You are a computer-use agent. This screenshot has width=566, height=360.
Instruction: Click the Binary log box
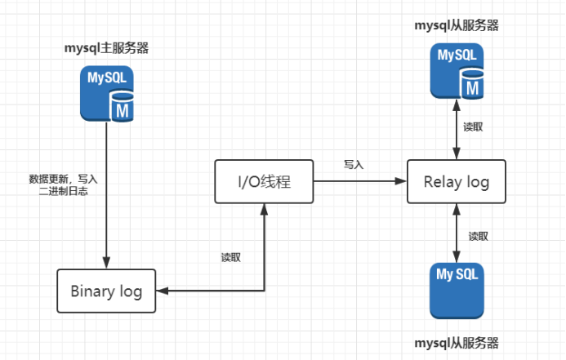[106, 291]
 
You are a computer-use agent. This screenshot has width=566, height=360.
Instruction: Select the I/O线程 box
[264, 181]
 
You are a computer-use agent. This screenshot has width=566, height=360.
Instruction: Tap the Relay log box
[456, 181]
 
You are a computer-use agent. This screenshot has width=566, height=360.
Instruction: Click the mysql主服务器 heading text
[106, 47]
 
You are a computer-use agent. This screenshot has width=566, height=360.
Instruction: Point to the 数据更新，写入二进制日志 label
[63, 184]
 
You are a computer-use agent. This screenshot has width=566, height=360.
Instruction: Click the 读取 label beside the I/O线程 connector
[231, 257]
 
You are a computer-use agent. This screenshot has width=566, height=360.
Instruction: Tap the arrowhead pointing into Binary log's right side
[161, 291]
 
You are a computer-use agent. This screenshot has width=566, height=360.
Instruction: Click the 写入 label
[354, 164]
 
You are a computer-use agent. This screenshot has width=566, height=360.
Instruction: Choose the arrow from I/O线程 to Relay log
[359, 181]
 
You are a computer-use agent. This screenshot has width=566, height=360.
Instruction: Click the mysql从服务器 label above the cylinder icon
[457, 25]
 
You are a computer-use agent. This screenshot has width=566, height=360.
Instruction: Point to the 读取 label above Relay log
[473, 127]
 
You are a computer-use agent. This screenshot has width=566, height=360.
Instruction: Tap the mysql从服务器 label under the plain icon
[457, 342]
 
